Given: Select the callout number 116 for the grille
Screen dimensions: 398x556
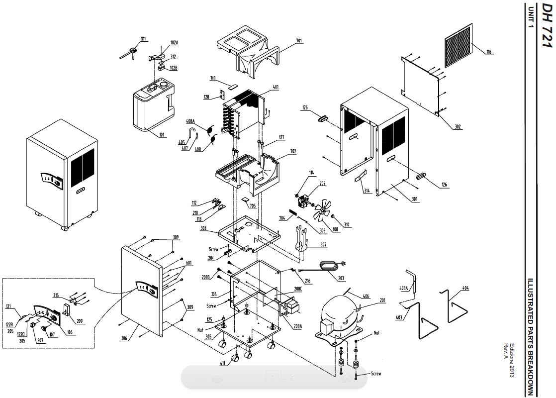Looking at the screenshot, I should pos(489,52).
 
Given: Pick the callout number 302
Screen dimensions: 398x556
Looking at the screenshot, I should pos(458,127).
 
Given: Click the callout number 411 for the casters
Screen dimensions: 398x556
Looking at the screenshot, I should pos(224,364).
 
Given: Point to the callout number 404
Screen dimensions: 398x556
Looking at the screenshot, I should pos(465,289).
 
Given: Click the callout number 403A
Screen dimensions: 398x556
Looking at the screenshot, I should pos(403,288).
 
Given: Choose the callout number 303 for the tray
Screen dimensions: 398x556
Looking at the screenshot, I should pos(203,228).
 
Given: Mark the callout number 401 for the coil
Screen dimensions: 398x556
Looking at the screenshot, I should pos(276,88).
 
